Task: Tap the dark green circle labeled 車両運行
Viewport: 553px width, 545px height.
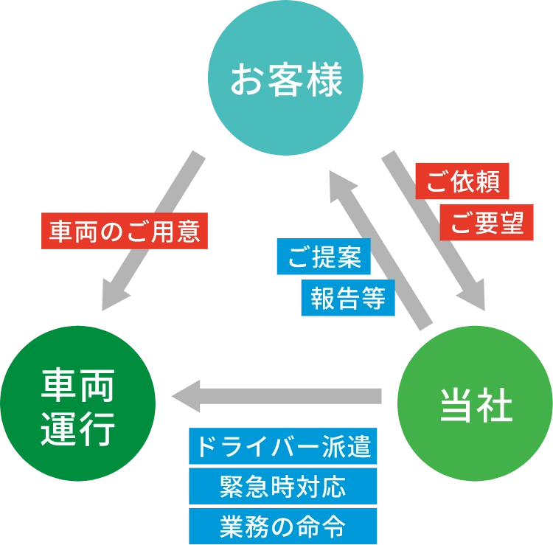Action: tap(77, 404)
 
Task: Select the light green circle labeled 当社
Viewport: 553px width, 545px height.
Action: tap(475, 404)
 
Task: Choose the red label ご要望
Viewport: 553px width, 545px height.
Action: tap(487, 222)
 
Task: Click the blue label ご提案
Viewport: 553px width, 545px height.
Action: tap(321, 256)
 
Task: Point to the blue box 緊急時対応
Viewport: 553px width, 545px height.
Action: tap(282, 488)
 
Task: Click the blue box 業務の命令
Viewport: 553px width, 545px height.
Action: tap(282, 527)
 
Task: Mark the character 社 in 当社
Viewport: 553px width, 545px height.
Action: tap(495, 404)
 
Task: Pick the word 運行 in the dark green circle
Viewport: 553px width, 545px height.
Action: tap(78, 428)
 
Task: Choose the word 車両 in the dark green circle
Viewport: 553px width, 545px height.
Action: tap(78, 384)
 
